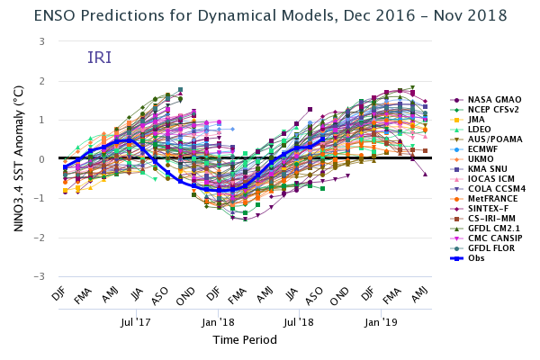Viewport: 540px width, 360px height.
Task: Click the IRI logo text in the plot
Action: (x=100, y=58)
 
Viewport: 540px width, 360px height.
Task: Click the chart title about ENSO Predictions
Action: (x=269, y=16)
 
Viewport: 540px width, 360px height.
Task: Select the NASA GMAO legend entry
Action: (x=490, y=100)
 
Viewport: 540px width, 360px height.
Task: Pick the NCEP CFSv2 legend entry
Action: (x=492, y=110)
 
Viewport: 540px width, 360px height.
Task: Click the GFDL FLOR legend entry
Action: (x=490, y=248)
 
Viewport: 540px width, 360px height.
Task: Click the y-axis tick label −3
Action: (x=40, y=276)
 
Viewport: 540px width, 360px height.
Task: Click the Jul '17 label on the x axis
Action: (x=136, y=320)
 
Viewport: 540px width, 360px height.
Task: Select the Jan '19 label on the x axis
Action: (x=381, y=320)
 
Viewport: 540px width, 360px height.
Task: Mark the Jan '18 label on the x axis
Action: (x=218, y=320)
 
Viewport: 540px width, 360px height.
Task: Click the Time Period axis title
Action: (x=245, y=340)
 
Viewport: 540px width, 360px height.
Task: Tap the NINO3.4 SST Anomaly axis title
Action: (x=19, y=158)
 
